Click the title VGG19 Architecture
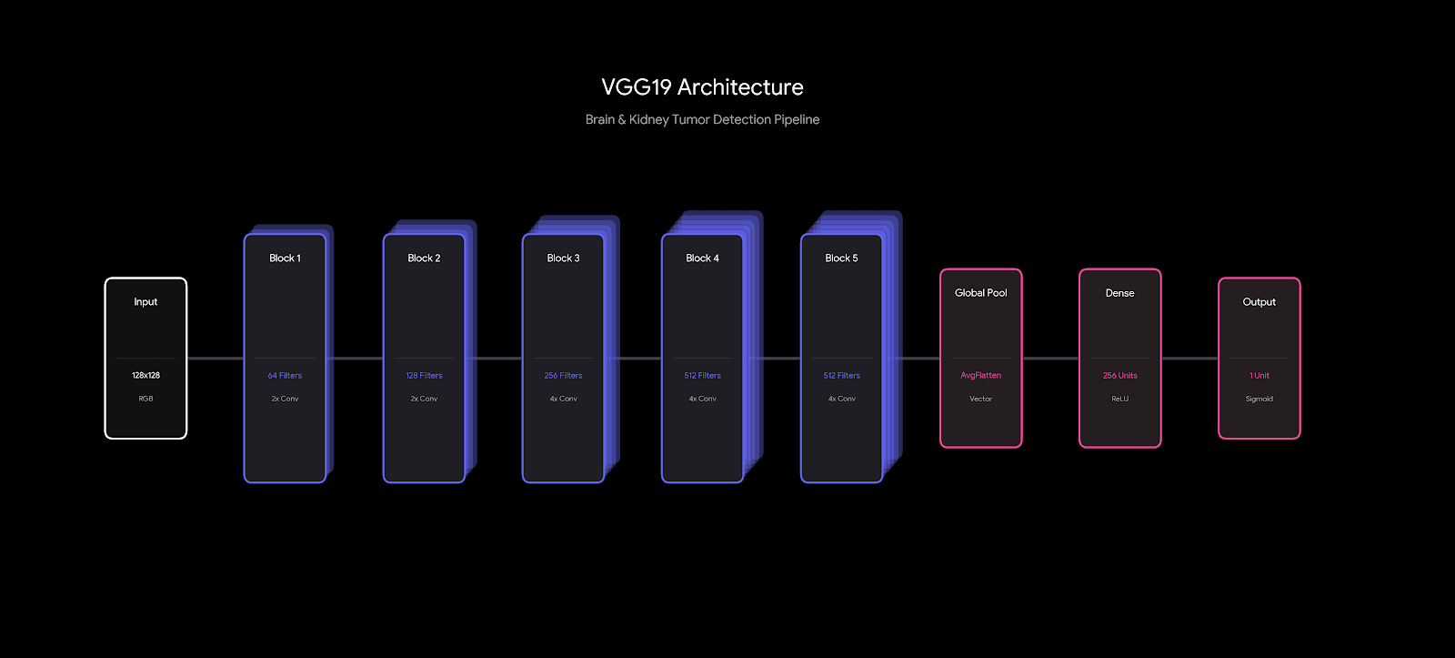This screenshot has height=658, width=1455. click(702, 87)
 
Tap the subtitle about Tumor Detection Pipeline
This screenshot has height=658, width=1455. click(702, 119)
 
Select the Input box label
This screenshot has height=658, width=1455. click(145, 302)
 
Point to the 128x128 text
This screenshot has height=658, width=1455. click(145, 375)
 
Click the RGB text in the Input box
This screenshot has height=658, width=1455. click(145, 399)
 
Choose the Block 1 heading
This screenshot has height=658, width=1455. click(285, 258)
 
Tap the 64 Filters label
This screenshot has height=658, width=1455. click(285, 375)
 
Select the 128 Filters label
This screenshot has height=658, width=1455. click(424, 375)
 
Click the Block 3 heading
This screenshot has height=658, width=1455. click(563, 258)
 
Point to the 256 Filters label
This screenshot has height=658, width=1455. click(563, 375)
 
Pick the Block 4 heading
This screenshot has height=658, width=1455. click(702, 258)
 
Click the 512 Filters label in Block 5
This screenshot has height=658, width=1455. click(841, 375)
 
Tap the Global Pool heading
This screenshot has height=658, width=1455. click(980, 293)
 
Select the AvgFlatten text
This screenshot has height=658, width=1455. click(980, 375)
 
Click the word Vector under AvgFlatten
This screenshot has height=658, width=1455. click(980, 399)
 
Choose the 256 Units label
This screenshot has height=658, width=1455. click(1119, 375)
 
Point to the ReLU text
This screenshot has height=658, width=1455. click(1119, 399)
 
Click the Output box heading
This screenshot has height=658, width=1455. click(1259, 302)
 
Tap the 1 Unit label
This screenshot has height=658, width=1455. click(1259, 375)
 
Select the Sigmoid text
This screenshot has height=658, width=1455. click(1259, 399)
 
